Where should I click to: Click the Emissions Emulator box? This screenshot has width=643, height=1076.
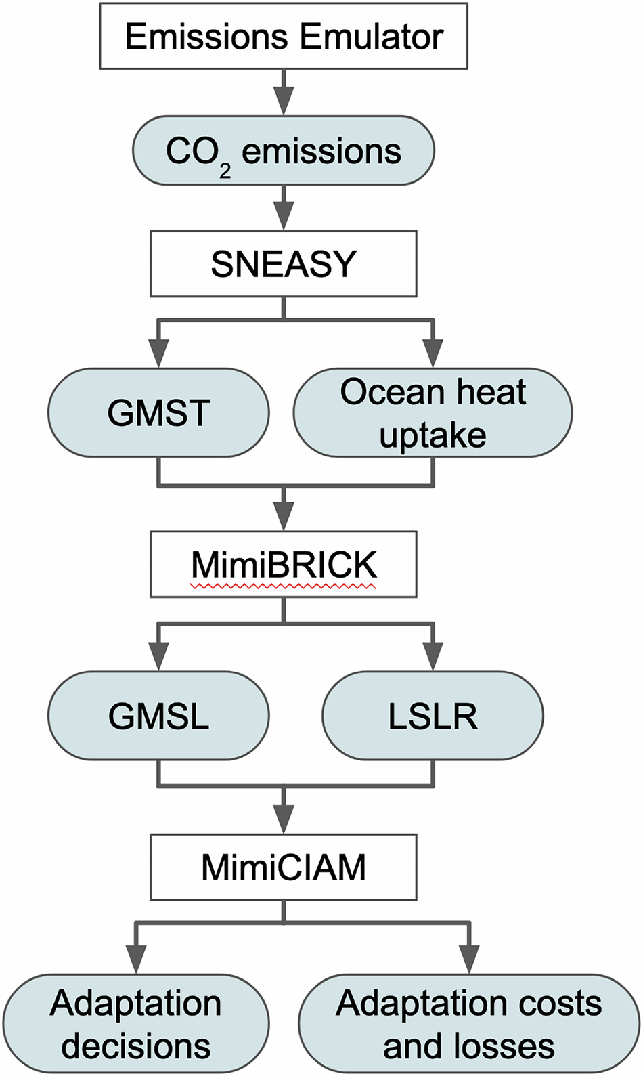284,36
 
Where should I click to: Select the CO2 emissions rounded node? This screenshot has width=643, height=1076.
284,150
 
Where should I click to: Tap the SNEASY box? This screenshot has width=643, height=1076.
284,263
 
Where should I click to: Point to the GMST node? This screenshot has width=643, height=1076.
158,412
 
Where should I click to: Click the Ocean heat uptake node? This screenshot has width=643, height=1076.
433,412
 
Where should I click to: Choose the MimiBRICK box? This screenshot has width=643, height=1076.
284,564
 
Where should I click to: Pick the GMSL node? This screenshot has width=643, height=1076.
158,716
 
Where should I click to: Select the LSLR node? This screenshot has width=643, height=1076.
433,716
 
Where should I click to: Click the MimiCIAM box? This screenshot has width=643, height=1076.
284,867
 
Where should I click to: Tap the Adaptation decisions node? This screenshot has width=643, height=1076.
135,1023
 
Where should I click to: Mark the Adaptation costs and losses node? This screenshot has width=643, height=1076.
469,1023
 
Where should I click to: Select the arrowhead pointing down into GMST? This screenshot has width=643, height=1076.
158,354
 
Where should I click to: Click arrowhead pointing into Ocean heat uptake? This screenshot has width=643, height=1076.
433,354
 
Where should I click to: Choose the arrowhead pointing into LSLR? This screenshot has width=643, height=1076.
433,657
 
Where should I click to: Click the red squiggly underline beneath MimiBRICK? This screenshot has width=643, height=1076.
284,586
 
